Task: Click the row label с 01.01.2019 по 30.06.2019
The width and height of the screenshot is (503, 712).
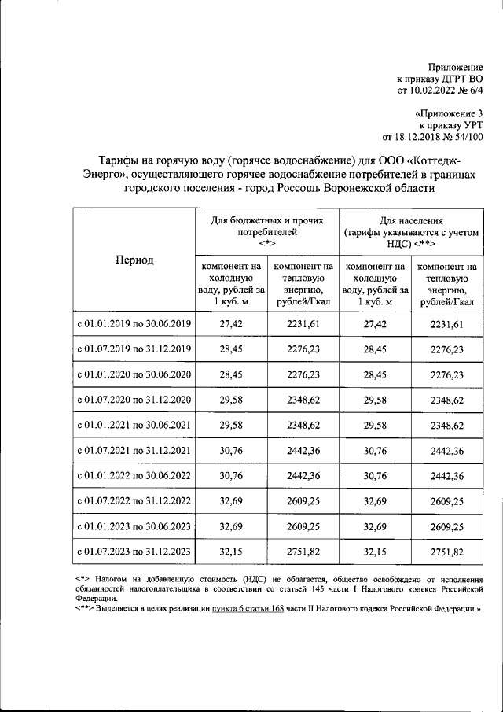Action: [x=134, y=323]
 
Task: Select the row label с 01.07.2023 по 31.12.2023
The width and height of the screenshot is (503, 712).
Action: [x=134, y=550]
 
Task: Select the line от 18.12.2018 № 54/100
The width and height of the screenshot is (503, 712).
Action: [x=432, y=137]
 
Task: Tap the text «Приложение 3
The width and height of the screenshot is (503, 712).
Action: [x=449, y=113]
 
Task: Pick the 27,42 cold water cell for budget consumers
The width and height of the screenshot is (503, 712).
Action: [x=230, y=323]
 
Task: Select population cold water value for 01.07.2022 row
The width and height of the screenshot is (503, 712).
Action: [x=375, y=500]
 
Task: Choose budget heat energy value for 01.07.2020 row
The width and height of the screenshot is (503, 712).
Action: [x=303, y=400]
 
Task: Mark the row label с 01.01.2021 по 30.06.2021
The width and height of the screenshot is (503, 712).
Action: [x=134, y=425]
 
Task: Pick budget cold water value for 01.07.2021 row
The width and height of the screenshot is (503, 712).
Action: [x=230, y=450]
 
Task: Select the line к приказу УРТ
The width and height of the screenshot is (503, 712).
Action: [x=451, y=124]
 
